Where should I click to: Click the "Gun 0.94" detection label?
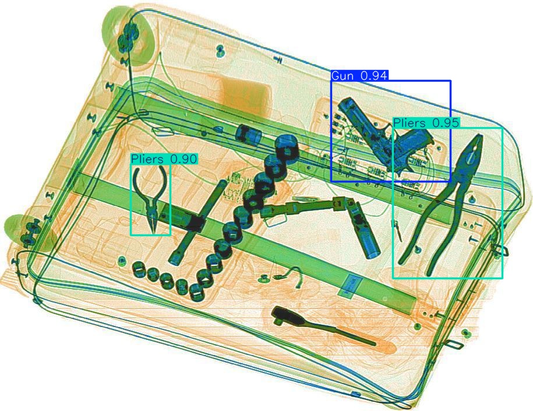click(x=359, y=76)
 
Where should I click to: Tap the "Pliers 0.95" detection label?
click(x=426, y=123)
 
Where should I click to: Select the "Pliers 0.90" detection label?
click(x=164, y=159)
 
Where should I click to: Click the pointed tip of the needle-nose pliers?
click(x=153, y=233)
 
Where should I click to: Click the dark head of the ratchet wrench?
click(x=287, y=315)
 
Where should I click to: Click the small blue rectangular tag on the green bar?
click(x=349, y=285)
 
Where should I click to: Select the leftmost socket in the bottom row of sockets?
click(x=138, y=268)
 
